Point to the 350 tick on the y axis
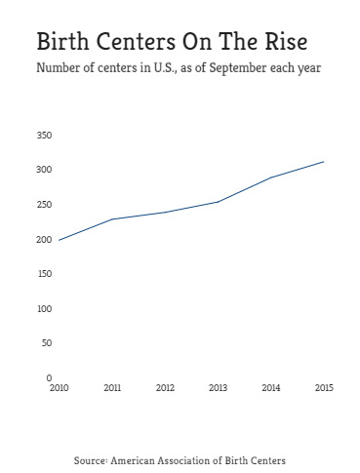point(43,135)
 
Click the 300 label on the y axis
point(43,170)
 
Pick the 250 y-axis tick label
point(43,204)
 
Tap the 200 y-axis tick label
point(43,239)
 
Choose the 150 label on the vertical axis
point(43,273)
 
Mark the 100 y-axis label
point(43,308)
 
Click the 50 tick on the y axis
point(45,342)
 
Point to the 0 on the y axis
point(48,377)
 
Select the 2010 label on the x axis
point(59,388)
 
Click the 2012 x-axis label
point(165,388)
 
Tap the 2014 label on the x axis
point(271,388)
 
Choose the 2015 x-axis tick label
point(324,388)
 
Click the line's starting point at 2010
point(59,240)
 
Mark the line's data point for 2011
point(112,218)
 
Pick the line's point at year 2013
point(218,202)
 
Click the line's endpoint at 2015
point(324,162)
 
